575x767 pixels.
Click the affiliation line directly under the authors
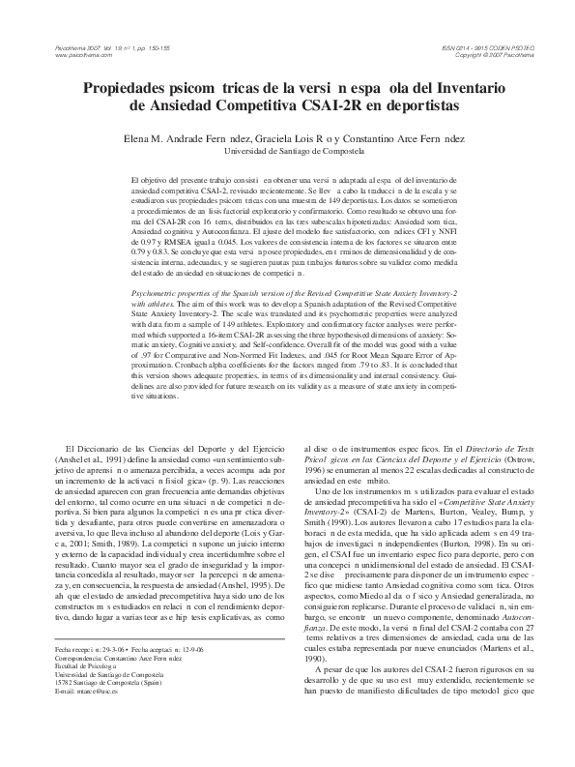pyautogui.click(x=286, y=152)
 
